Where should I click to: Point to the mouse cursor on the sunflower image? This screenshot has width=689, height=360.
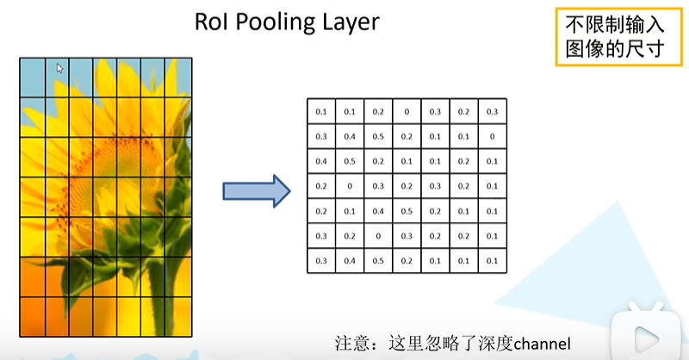tap(59, 67)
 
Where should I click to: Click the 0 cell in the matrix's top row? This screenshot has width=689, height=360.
tap(407, 112)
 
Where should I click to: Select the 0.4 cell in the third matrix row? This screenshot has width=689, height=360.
tap(321, 161)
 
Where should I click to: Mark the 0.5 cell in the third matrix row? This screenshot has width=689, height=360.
tap(350, 161)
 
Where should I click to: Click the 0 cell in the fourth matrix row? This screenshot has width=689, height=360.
tap(350, 186)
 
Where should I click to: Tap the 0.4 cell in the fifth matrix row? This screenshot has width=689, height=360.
tap(378, 211)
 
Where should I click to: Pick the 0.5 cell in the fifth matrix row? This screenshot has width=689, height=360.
tap(407, 211)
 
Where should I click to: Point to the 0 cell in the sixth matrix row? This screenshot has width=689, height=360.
tap(378, 235)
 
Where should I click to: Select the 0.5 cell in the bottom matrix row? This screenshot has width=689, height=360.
tap(378, 260)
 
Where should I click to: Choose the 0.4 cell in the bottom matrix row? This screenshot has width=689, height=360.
tap(350, 260)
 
